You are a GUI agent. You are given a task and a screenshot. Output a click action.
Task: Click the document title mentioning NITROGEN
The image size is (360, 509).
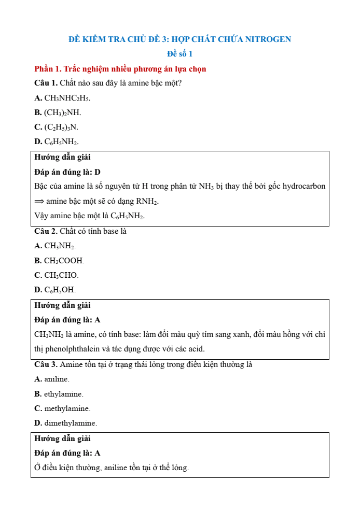coord(179,39)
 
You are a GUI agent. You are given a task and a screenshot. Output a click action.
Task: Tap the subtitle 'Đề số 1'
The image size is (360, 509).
coord(179,54)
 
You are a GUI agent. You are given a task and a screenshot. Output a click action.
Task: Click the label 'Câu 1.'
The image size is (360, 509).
coord(46,83)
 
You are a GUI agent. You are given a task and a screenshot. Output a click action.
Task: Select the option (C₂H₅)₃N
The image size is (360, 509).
coord(61,127)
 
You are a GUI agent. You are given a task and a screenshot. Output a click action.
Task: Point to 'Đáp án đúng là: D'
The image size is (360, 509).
coord(67,172)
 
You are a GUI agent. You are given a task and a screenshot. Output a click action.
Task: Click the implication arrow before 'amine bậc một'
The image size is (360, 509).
coord(39,201)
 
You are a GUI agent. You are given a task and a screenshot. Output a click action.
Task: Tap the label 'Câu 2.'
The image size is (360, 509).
coord(46,231)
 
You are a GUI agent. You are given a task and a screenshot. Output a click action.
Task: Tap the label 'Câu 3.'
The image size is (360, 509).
coord(46,364)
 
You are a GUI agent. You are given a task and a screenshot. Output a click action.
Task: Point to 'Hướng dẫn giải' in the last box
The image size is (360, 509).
coord(62,439)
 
